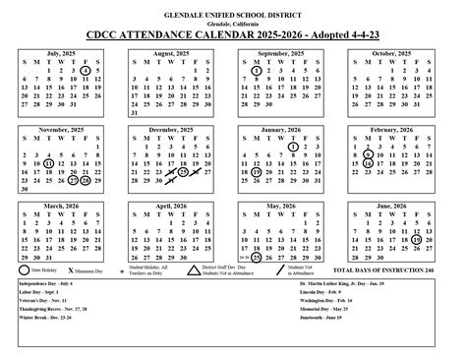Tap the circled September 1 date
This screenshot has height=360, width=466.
tap(256, 70)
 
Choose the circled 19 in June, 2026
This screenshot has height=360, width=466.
tap(417, 237)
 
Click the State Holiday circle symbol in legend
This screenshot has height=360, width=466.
tap(25, 269)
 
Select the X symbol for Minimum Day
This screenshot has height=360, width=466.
tap(72, 269)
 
